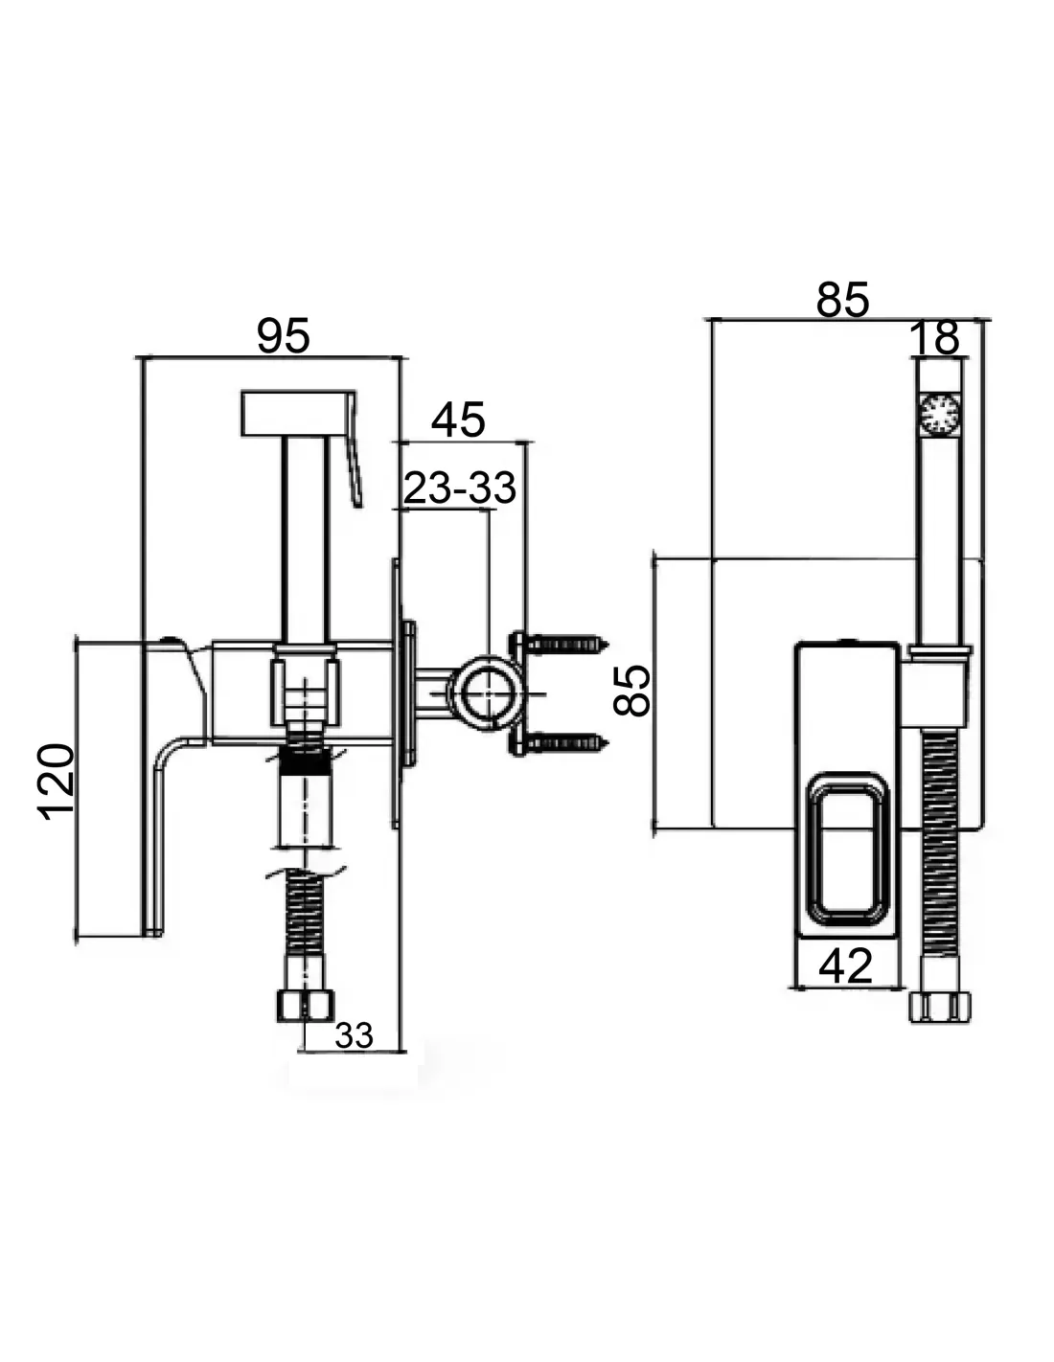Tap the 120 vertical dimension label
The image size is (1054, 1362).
point(57,781)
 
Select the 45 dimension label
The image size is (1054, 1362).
point(458,420)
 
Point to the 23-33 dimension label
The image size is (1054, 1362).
point(460,488)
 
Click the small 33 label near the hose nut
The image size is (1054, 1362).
point(354,1035)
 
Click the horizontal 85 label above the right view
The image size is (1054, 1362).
point(842,300)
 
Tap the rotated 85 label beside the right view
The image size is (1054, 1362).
point(633,692)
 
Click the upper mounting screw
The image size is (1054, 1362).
point(565,643)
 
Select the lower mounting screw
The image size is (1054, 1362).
point(565,741)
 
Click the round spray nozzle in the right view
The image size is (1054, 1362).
point(938,416)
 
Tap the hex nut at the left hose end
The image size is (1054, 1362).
point(306,1005)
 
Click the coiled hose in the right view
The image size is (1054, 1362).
point(939,862)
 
